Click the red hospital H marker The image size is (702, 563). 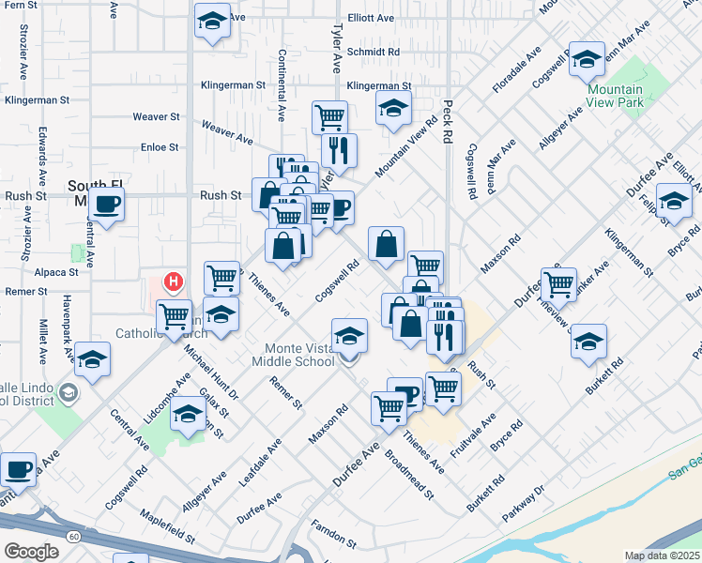[x=174, y=281]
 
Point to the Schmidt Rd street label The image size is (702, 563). [x=373, y=53]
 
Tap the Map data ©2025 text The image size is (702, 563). [x=661, y=555]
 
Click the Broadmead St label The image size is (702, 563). [x=408, y=475]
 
